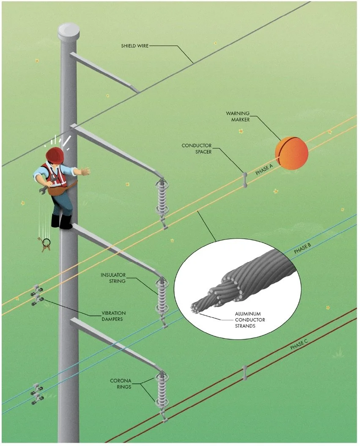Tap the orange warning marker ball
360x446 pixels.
pyautogui.click(x=291, y=153)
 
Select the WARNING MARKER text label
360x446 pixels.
pyautogui.click(x=237, y=116)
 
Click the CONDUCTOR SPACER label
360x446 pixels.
pyautogui.click(x=196, y=149)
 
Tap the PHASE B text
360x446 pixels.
pyautogui.click(x=302, y=249)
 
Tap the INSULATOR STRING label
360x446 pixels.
pyautogui.click(x=113, y=278)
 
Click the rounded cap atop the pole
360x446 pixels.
pyautogui.click(x=69, y=31)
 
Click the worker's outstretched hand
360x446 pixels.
pyautogui.click(x=85, y=171)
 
